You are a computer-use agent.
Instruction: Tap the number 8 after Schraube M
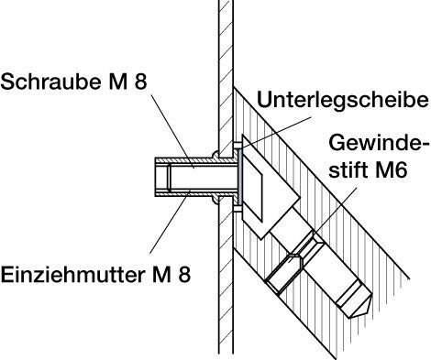[x=140, y=82]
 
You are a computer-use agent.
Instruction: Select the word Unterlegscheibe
[x=343, y=100]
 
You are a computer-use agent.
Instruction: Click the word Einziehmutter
[x=72, y=274]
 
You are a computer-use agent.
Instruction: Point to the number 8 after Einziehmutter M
[x=184, y=274]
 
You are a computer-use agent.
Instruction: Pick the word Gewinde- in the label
[x=377, y=143]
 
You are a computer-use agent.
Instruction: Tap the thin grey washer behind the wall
[x=240, y=177]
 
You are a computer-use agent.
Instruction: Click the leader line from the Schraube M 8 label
[x=172, y=131]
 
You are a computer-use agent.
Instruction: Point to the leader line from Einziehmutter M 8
[x=170, y=222]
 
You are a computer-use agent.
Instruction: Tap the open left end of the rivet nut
[x=156, y=177]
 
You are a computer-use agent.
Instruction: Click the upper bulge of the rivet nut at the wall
[x=215, y=155]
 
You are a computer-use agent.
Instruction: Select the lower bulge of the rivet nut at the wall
[x=215, y=199]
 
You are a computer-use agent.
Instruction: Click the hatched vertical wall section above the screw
[x=226, y=76]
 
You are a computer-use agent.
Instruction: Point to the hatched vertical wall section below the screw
[x=226, y=275]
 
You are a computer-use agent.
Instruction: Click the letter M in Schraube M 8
[x=117, y=82]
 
